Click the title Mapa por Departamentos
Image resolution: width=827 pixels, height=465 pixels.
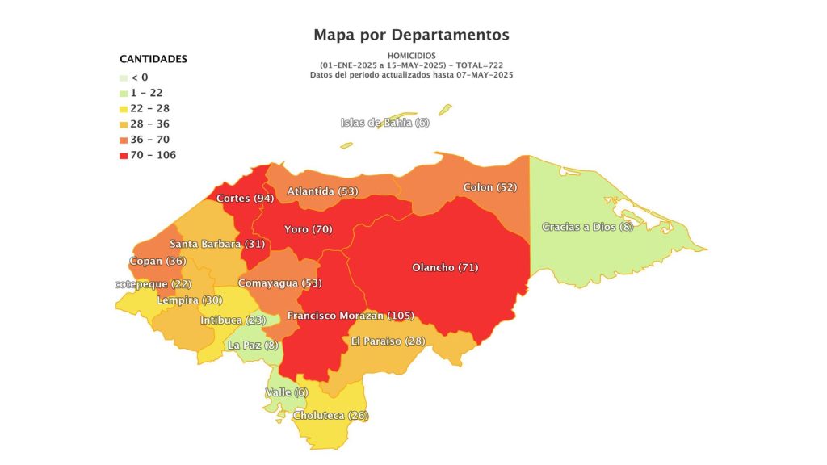411,35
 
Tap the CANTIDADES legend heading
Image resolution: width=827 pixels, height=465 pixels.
153,59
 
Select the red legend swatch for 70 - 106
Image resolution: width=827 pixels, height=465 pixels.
124,155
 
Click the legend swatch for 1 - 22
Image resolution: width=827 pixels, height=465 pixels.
124,93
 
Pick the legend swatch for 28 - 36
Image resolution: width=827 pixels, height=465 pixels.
124,124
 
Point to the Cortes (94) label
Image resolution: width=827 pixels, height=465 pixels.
245,198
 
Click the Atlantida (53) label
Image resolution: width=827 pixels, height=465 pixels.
322,191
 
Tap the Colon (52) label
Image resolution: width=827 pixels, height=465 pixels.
489,187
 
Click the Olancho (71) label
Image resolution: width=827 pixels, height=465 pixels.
445,267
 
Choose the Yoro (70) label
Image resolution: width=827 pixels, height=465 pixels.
308,229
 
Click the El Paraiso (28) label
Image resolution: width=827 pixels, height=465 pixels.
388,341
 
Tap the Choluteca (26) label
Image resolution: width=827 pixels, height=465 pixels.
330,415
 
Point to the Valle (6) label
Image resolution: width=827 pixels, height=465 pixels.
287,392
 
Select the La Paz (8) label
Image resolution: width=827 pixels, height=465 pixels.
254,345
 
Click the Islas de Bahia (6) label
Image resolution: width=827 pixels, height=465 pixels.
384,123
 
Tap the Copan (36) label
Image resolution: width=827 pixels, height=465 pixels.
157,261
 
